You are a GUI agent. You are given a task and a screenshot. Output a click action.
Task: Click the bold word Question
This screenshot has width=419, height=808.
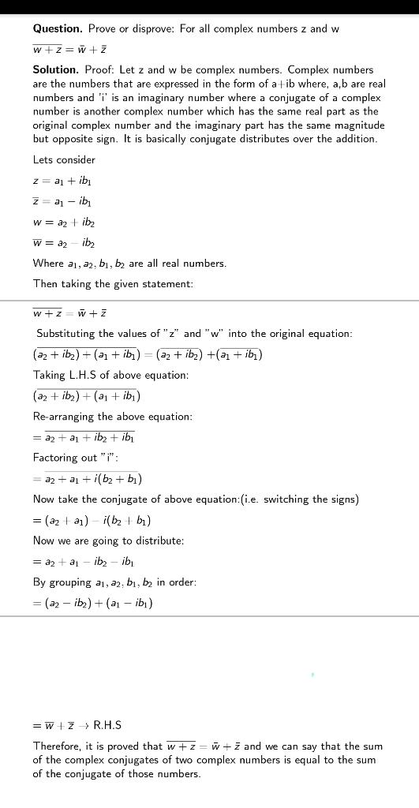(x=58, y=29)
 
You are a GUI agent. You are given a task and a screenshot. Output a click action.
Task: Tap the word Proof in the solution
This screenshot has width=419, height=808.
(x=99, y=70)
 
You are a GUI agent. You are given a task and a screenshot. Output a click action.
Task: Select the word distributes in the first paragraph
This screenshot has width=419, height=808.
(x=259, y=140)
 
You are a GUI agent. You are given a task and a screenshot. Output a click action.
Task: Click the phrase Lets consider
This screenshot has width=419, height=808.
(x=64, y=160)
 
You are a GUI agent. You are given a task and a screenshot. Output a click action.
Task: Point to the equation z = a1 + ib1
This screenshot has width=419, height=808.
(x=62, y=181)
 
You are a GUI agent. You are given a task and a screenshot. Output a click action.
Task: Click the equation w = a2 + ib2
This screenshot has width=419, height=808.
(x=64, y=223)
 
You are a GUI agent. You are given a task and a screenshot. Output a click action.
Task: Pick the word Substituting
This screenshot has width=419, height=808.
(x=69, y=334)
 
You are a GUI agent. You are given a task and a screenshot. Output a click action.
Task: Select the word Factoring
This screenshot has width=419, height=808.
(x=57, y=458)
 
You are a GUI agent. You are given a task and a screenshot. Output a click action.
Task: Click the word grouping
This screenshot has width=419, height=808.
(x=69, y=582)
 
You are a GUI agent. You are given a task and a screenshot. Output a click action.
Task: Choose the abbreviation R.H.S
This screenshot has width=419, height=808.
(x=107, y=725)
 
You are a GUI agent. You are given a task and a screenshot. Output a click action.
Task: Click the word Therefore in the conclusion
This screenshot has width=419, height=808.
(x=58, y=746)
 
